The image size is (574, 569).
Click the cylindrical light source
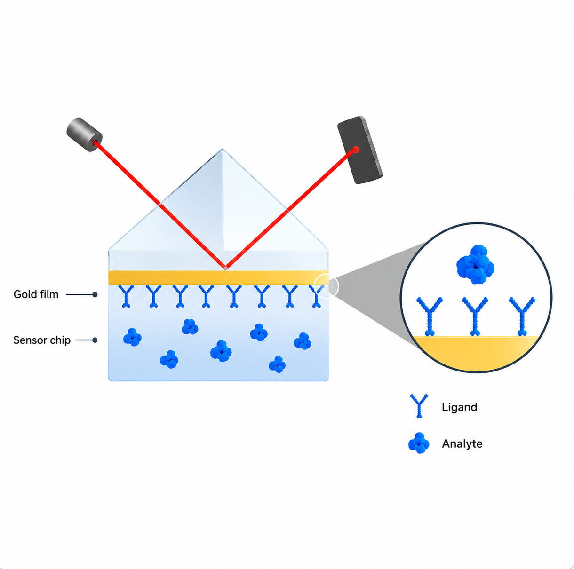[84, 134]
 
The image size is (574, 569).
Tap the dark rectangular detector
[360, 150]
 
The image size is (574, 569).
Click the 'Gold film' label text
[36, 294]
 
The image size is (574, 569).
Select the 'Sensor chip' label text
[42, 340]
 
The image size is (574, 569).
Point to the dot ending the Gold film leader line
[95, 294]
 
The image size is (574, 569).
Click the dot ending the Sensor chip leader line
[95, 340]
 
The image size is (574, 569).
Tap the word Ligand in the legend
[459, 407]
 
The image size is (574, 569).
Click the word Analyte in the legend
[462, 443]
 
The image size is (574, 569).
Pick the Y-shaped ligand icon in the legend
[419, 406]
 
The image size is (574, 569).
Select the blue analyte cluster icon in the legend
[419, 443]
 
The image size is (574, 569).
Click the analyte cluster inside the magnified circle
[475, 264]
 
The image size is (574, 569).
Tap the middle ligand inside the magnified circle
[475, 316]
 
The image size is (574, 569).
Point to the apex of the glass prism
[222, 149]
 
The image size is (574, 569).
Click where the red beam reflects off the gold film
[226, 268]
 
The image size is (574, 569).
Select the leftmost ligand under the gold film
[126, 296]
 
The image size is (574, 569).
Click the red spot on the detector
[356, 150]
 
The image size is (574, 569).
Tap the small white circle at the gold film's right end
[327, 286]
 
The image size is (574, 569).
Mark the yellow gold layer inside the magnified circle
[476, 353]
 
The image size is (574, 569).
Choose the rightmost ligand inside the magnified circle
[522, 316]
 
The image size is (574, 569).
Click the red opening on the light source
[96, 143]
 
